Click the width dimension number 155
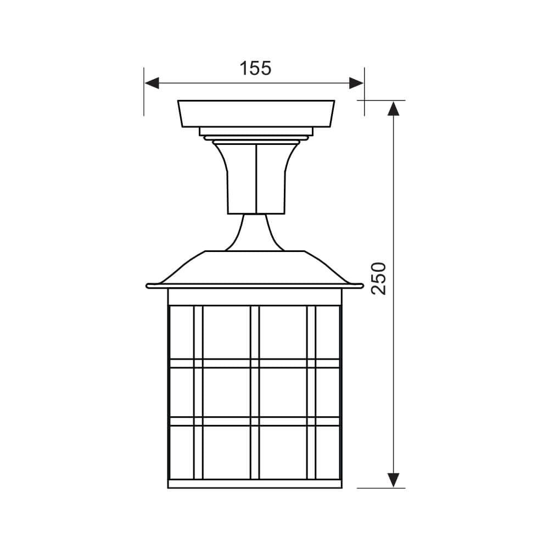[255, 68]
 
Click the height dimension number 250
[378, 278]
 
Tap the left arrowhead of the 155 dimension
[152, 83]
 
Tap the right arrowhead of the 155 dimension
[356, 83]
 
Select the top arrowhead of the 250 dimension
[394, 109]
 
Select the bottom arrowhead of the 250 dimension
[394, 480]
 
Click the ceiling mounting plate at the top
[256, 114]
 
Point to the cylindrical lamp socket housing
[256, 177]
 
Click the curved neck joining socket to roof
[255, 232]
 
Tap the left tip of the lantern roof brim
[148, 286]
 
